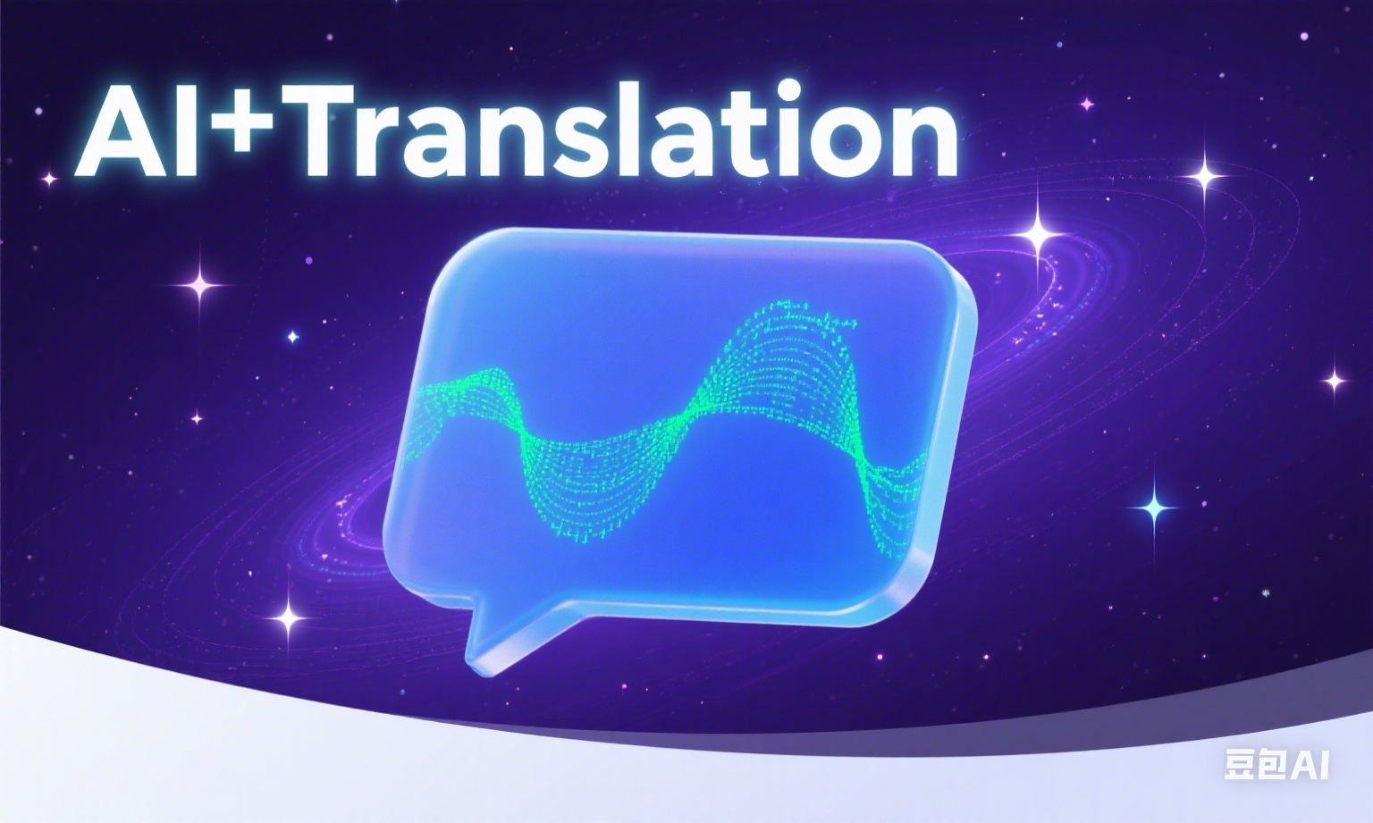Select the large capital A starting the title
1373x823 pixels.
123,130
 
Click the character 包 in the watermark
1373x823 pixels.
1274,763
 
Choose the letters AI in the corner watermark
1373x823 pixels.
1310,763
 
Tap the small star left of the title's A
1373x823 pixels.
48,179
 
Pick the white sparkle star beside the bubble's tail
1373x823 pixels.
289,617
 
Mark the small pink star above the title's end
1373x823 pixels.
1087,105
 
